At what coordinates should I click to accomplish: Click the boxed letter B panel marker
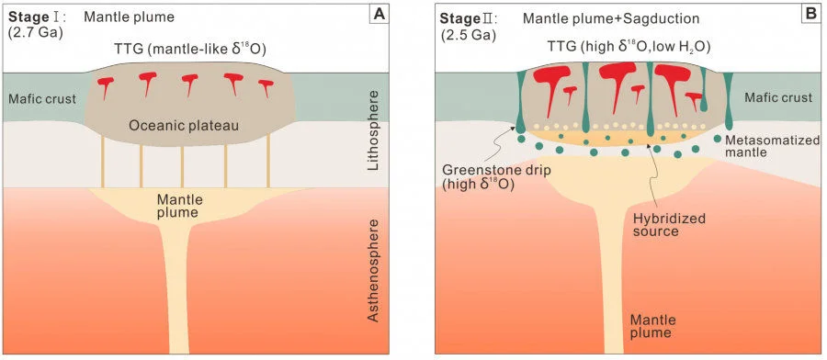810,16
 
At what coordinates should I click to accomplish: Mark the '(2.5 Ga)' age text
465,35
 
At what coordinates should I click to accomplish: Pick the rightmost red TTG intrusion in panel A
266,88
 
